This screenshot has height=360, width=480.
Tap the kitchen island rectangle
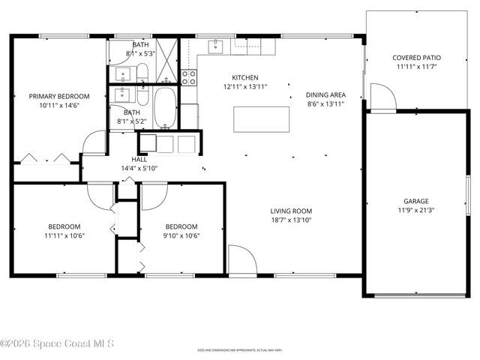(261, 118)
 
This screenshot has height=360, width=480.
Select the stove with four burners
(189, 76)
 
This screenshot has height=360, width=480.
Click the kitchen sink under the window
(216, 47)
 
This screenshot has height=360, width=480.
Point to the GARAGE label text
(415, 201)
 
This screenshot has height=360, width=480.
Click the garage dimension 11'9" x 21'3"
(415, 210)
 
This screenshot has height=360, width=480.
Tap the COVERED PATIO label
(416, 58)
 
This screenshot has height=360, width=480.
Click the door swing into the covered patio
(382, 97)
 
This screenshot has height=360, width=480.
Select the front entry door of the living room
(242, 259)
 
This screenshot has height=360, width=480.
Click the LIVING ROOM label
(291, 211)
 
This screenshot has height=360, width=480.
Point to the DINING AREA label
(325, 95)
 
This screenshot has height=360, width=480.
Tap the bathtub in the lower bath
(165, 108)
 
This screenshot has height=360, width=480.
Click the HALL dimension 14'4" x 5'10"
(139, 169)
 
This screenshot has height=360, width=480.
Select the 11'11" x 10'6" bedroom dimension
(64, 235)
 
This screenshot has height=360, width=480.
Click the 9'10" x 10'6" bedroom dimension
(181, 235)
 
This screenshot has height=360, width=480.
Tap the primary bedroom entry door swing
(94, 142)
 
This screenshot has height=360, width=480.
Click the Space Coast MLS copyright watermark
(57, 344)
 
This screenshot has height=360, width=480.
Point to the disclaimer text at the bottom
(239, 349)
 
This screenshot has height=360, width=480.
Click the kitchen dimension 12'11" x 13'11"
(245, 86)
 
